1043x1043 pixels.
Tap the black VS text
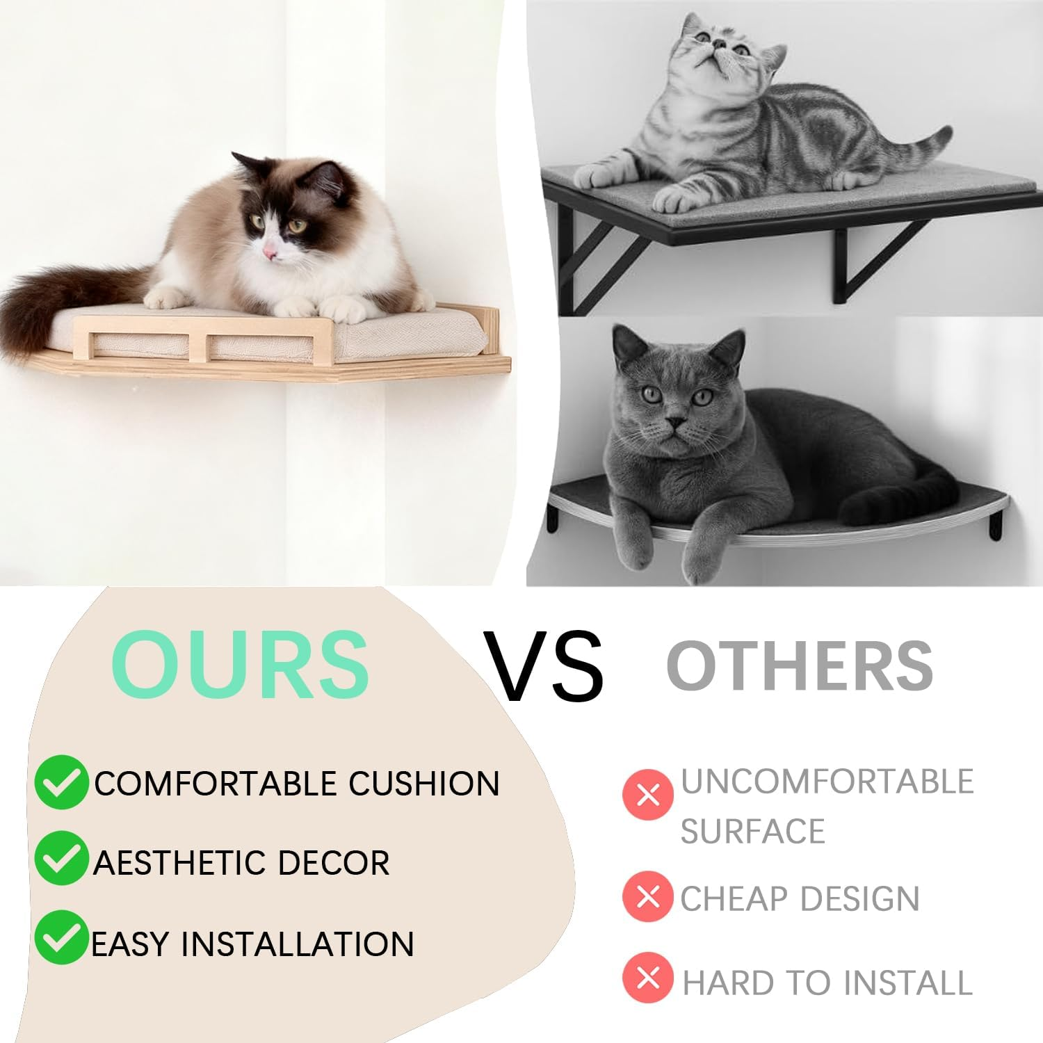click(544, 666)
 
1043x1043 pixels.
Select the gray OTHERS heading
click(799, 665)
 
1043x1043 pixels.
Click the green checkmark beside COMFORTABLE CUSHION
click(61, 782)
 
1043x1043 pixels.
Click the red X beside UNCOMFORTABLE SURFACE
click(647, 794)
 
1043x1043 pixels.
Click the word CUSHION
click(423, 784)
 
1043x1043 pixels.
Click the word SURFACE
click(752, 831)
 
